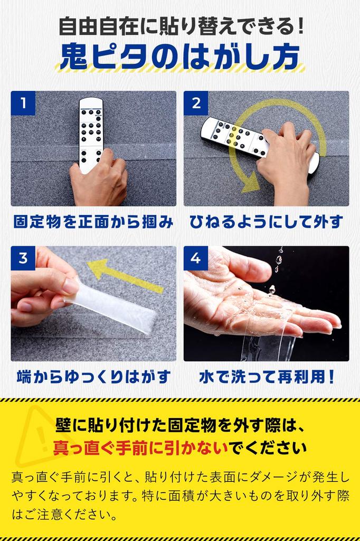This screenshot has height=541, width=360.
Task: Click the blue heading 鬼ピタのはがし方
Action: tap(179, 57)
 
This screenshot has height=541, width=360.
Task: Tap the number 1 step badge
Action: tap(23, 103)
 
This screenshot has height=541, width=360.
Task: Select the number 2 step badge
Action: tap(196, 103)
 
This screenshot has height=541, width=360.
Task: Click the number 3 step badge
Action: tap(23, 258)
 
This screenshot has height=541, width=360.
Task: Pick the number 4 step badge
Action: tap(196, 258)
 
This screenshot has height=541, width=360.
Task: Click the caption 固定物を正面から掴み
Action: tap(93, 221)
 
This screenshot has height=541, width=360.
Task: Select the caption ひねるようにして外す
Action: tap(266, 221)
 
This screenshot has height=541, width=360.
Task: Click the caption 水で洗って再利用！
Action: tap(267, 377)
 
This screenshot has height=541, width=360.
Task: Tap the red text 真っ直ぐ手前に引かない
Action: tap(141, 448)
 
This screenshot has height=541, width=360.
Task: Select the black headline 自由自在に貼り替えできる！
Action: tap(182, 26)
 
